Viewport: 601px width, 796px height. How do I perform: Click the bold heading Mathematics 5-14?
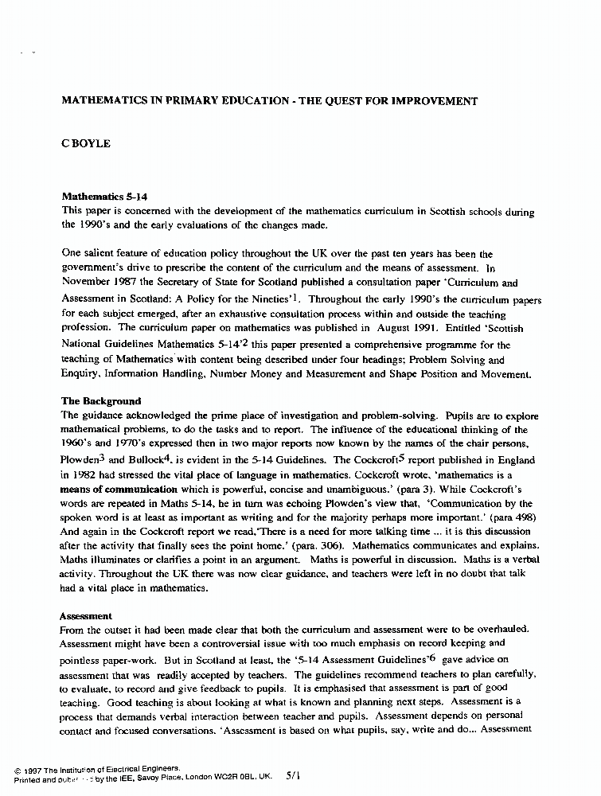coord(104,197)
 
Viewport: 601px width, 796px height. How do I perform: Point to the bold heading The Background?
coord(101,401)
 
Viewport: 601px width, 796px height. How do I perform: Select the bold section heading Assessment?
coord(87,616)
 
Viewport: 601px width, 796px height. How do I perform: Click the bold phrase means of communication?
coord(119,490)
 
